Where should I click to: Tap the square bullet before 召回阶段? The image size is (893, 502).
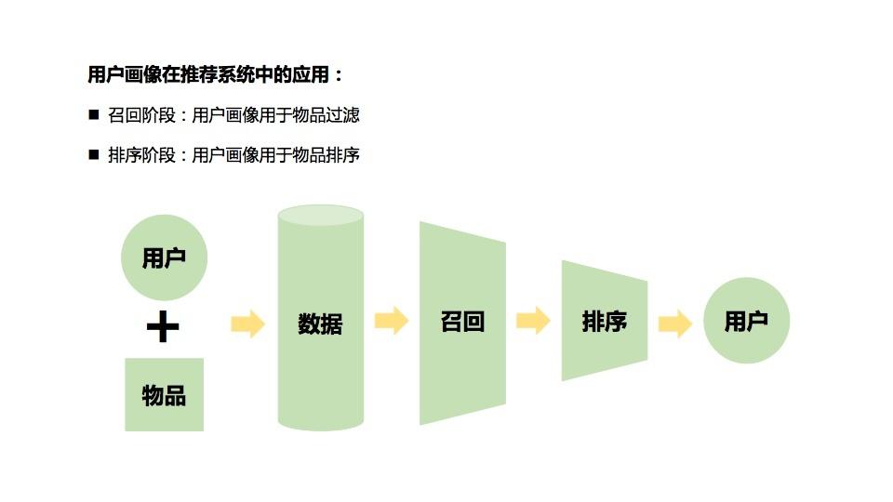click(93, 114)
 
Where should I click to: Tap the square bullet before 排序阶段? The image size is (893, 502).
click(93, 154)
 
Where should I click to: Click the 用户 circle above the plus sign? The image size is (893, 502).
click(164, 258)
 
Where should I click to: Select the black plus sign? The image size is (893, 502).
click(163, 326)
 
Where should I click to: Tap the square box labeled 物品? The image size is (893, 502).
click(164, 395)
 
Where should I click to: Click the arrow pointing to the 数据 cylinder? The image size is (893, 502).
click(247, 323)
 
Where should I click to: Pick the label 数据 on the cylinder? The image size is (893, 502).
click(320, 324)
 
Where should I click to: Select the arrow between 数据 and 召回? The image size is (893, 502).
click(392, 321)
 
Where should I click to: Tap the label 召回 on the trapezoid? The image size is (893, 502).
click(462, 322)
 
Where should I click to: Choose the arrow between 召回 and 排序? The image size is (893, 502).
click(533, 321)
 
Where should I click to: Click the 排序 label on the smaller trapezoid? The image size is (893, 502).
click(605, 322)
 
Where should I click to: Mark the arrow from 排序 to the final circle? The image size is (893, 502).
click(675, 323)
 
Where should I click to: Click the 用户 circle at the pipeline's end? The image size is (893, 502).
click(746, 321)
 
